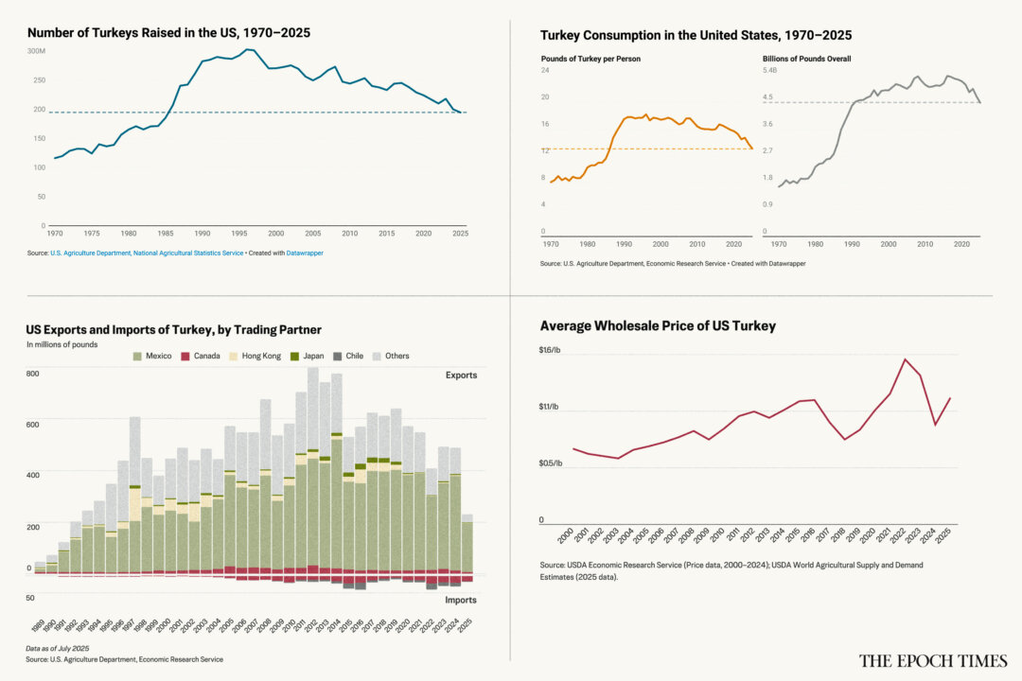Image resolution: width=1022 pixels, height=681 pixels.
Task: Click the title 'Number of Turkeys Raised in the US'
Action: (x=168, y=32)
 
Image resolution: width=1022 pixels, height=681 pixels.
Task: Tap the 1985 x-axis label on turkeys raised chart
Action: (x=166, y=233)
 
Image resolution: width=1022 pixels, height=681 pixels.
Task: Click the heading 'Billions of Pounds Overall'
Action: (x=806, y=59)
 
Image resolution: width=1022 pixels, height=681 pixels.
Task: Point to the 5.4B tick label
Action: (x=769, y=71)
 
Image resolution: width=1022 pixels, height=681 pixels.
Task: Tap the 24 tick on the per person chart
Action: (x=545, y=71)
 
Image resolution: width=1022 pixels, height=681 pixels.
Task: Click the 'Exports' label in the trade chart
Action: (x=461, y=375)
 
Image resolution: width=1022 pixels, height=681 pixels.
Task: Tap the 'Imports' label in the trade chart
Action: (x=461, y=600)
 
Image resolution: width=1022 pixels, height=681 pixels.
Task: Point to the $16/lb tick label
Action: (x=551, y=350)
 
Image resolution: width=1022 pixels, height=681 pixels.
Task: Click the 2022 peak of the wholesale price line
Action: (x=906, y=359)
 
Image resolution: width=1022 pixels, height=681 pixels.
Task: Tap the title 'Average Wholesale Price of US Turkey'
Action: (x=658, y=325)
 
